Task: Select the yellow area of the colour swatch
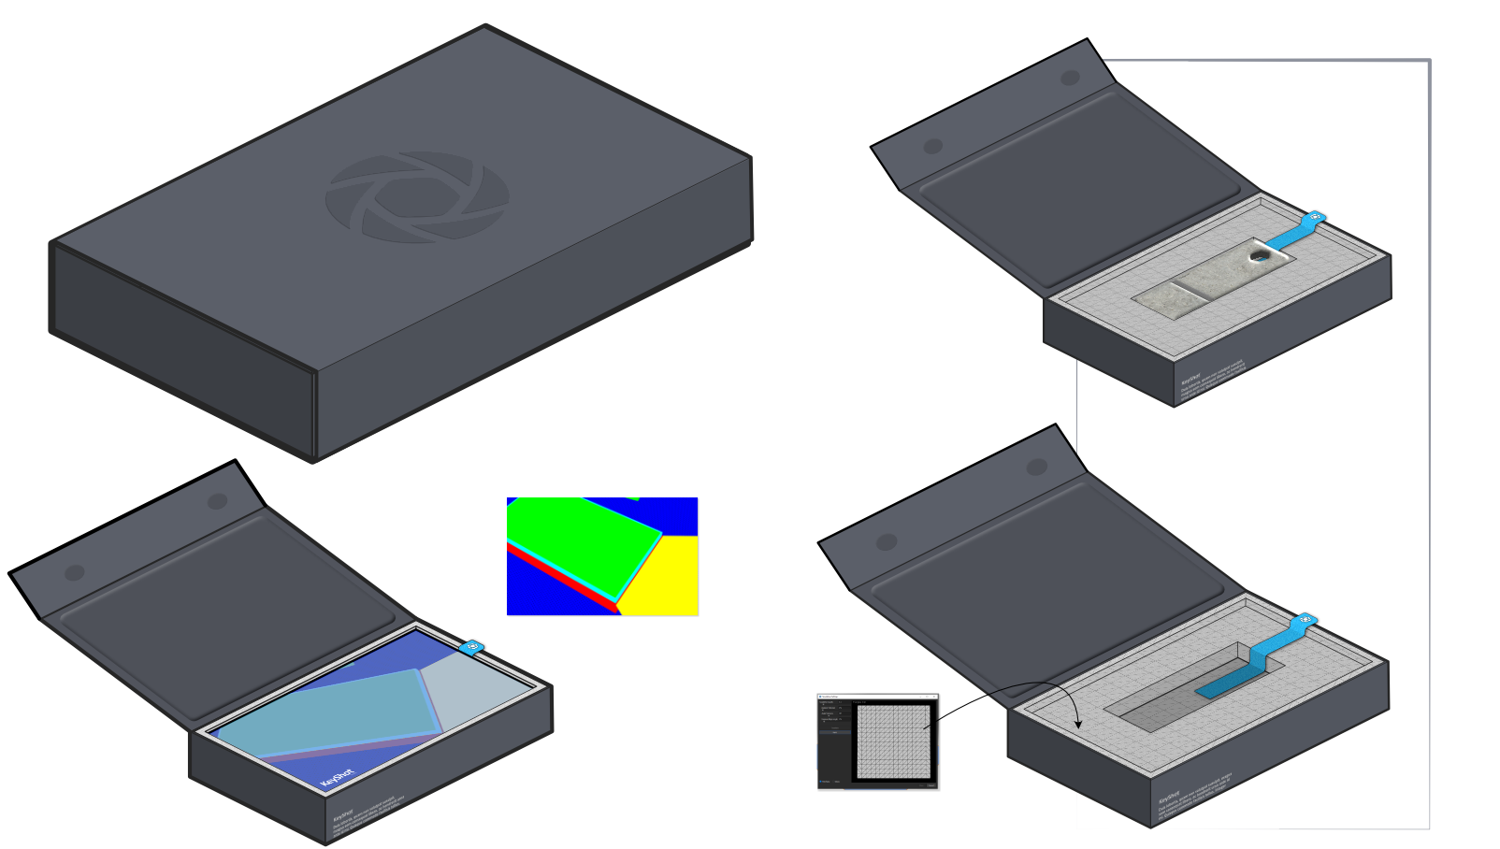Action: (x=666, y=574)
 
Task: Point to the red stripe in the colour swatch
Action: (x=561, y=580)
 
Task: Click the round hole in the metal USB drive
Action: (x=1261, y=253)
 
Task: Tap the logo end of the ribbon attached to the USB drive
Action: (x=1315, y=219)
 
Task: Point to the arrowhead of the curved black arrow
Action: (x=1078, y=725)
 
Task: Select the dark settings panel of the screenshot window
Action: (x=835, y=739)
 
